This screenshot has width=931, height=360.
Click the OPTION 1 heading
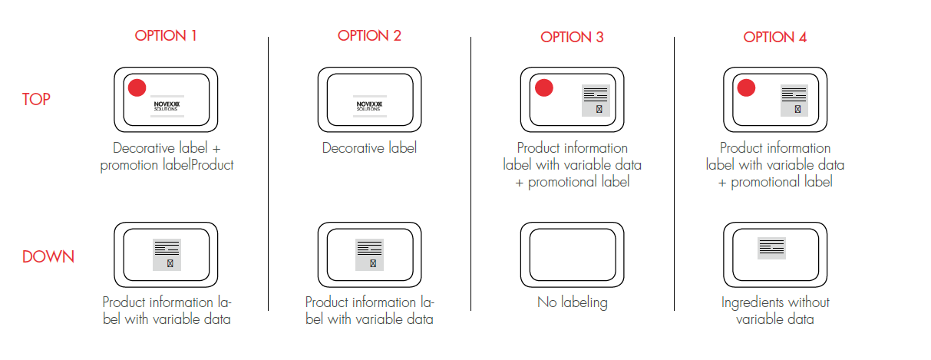click(x=166, y=35)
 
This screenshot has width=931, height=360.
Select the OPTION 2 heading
click(x=369, y=35)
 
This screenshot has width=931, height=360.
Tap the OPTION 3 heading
click(x=572, y=37)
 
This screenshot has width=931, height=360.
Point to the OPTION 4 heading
click(x=775, y=37)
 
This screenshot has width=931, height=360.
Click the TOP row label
click(x=36, y=100)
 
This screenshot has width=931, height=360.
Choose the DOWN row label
click(x=48, y=256)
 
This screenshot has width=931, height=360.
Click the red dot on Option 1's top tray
click(x=137, y=88)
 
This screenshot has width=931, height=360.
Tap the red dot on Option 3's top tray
click(x=544, y=88)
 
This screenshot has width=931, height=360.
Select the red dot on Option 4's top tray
click(x=747, y=88)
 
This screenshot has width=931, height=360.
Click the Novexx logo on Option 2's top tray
click(x=369, y=105)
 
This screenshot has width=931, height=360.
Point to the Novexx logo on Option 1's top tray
click(x=166, y=105)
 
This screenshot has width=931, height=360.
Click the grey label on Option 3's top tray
click(x=596, y=100)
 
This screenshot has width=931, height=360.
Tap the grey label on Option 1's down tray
click(x=167, y=254)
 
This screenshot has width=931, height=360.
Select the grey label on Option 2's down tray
click(x=369, y=254)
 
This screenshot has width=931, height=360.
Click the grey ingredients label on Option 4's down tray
click(x=772, y=247)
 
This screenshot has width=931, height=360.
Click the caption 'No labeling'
click(x=572, y=302)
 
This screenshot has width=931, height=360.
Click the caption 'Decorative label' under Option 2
click(x=369, y=148)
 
